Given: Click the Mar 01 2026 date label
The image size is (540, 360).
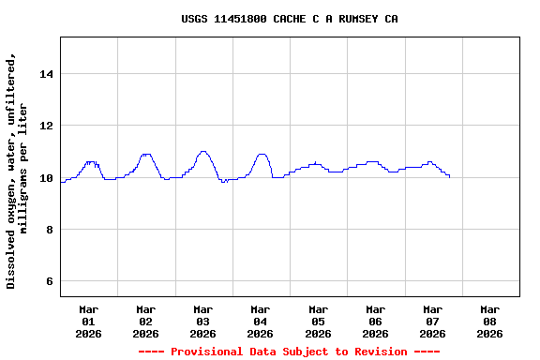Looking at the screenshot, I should click(x=89, y=321).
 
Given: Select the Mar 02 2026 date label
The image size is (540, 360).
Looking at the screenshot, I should click(x=146, y=321).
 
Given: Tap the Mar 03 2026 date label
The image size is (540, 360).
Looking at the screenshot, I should click(x=203, y=321).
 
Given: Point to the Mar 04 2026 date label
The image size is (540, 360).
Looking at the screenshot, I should click(x=261, y=321).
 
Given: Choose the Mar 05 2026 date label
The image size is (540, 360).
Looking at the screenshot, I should click(x=318, y=321).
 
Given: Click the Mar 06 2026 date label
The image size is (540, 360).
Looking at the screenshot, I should click(x=375, y=321).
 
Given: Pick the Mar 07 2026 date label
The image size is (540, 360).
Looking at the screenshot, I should click(x=432, y=321).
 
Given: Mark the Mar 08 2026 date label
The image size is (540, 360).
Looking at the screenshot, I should click(x=489, y=321).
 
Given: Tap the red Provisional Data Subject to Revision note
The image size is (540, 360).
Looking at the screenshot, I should click(x=289, y=352).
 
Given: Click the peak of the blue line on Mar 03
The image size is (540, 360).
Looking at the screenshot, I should click(x=203, y=151).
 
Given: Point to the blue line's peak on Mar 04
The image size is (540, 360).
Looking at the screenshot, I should click(x=262, y=154).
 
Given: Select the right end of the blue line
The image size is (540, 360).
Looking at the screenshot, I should click(x=449, y=175).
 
